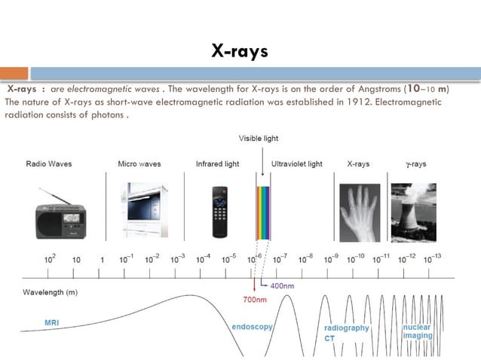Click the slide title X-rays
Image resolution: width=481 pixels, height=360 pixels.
pyautogui.click(x=240, y=51)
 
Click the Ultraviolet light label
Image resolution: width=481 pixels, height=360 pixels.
pyautogui.click(x=296, y=164)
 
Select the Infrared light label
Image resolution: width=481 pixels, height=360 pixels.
pyautogui.click(x=217, y=164)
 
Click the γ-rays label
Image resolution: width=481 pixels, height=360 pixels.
pyautogui.click(x=414, y=164)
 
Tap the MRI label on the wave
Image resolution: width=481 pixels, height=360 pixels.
pyautogui.click(x=51, y=323)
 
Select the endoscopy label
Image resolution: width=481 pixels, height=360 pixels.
pyautogui.click(x=251, y=328)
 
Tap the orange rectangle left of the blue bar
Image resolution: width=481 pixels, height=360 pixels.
pyautogui.click(x=14, y=74)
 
